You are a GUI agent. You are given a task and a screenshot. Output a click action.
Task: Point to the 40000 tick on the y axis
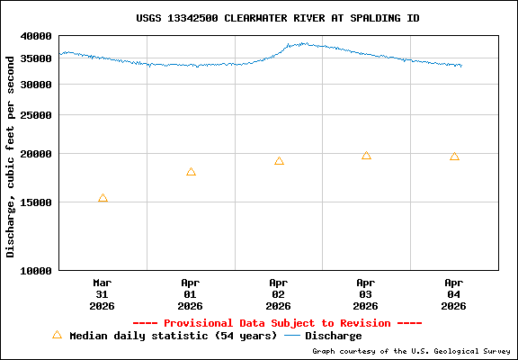tap(37, 36)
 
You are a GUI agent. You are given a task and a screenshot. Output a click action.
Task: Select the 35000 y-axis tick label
tap(37, 59)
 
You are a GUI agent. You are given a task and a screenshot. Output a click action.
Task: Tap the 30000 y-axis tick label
tap(37, 85)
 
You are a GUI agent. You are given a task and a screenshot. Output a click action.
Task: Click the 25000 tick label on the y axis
tap(37, 115)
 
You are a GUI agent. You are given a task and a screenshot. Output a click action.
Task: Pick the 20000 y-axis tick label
tap(37, 154)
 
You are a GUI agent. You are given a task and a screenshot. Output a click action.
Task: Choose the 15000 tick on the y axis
tap(37, 202)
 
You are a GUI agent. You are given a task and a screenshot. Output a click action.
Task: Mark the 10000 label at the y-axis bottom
tap(37, 270)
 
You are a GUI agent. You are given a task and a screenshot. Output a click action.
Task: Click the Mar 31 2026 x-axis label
tap(103, 293)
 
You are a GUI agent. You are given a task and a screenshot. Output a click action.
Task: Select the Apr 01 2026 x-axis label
tap(191, 293)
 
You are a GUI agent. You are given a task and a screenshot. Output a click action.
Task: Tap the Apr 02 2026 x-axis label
tap(279, 293)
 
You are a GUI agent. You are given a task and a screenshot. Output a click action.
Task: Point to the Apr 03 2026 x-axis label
tap(366, 293)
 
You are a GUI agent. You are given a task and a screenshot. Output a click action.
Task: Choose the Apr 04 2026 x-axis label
tap(454, 293)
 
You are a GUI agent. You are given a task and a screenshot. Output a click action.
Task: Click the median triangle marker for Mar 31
tap(103, 198)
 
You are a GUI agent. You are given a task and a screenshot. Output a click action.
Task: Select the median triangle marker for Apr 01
tap(191, 172)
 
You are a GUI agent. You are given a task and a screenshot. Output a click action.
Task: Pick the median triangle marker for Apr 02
tap(279, 161)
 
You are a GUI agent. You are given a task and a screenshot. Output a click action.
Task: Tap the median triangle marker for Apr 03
tap(366, 156)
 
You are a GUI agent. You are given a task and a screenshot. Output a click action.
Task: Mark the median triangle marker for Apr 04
tap(454, 157)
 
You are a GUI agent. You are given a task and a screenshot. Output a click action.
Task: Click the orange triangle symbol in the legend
tap(57, 335)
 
